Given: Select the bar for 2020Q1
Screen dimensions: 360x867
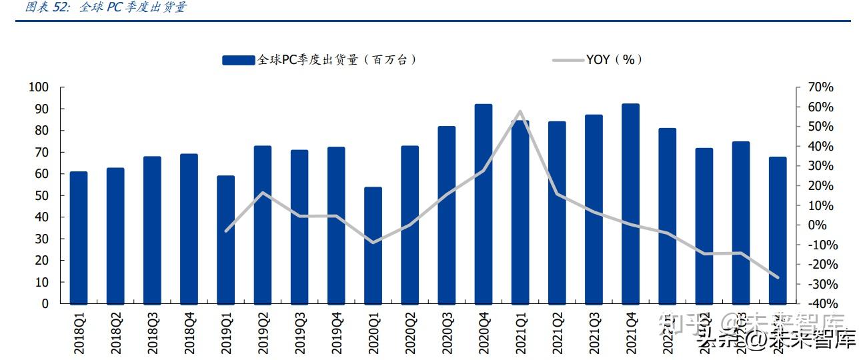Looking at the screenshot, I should click(373, 245).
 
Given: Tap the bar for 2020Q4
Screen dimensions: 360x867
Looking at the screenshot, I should click(484, 204).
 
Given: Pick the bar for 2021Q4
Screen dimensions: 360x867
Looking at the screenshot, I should click(630, 204).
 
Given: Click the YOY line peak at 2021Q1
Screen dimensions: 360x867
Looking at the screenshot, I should click(520, 111).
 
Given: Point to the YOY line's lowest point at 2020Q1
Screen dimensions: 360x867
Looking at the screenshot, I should click(373, 242).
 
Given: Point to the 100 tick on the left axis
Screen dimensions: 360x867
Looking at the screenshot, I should click(39, 87).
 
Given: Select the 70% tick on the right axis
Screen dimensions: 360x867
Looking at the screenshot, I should click(820, 87).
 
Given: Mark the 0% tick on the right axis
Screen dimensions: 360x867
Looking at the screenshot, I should click(816, 225).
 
